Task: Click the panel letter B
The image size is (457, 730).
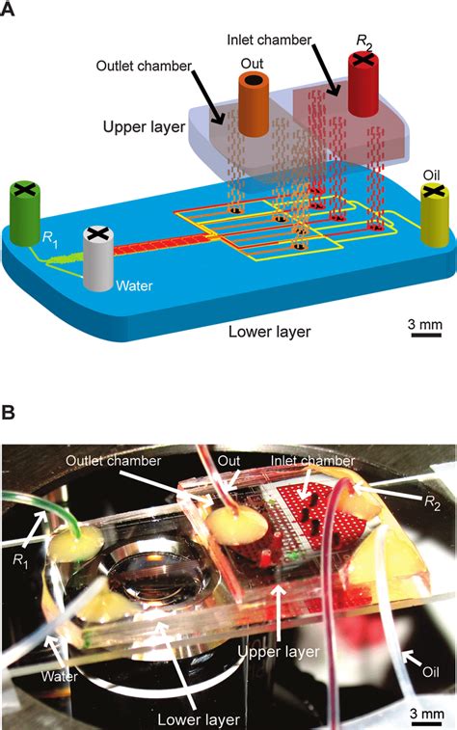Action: pyautogui.click(x=10, y=412)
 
